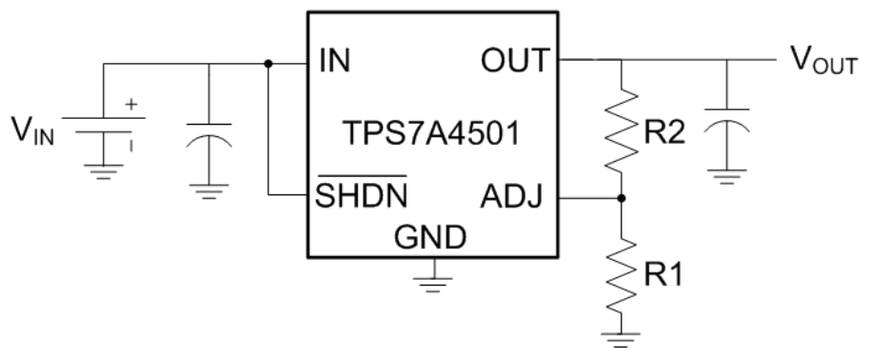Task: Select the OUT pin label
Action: pos(514,63)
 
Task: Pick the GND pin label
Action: pos(429,236)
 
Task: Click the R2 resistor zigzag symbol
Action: pos(622,129)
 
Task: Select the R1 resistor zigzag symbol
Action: pos(622,271)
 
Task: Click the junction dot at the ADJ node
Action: pos(622,198)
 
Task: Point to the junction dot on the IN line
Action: pos(269,64)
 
